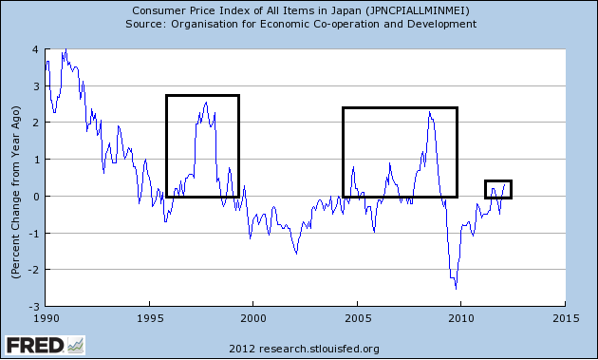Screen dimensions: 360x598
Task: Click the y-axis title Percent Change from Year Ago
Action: pos(16,178)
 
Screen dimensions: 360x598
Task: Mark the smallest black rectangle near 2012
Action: pos(498,189)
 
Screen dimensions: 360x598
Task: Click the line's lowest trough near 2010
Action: pos(457,288)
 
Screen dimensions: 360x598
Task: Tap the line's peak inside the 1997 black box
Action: pos(206,102)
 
